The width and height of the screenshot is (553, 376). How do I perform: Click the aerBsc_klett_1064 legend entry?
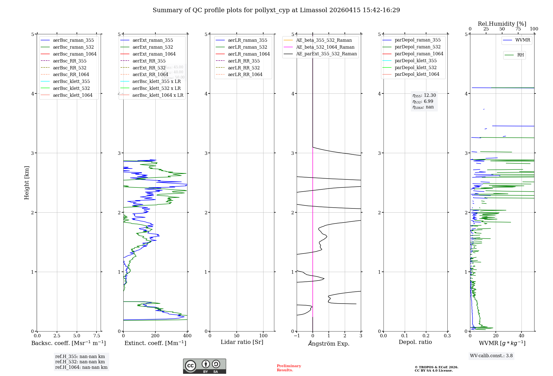click(72, 95)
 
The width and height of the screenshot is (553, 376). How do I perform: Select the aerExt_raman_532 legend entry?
click(153, 47)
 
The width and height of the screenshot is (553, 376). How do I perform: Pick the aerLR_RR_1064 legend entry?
click(245, 74)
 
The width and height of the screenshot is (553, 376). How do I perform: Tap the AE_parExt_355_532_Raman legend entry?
click(326, 54)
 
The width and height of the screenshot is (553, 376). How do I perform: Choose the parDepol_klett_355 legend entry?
click(415, 61)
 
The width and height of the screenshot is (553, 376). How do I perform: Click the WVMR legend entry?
click(522, 40)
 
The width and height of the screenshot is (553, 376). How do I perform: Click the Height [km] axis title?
click(27, 183)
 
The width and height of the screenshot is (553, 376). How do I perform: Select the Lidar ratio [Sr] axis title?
click(242, 342)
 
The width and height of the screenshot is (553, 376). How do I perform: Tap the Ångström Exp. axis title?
click(329, 343)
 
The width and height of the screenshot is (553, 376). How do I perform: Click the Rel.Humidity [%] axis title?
click(502, 24)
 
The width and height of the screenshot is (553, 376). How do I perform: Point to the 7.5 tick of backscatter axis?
click(96, 336)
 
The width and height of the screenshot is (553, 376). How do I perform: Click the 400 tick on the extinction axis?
click(187, 336)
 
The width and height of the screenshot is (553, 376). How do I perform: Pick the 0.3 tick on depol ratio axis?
click(447, 336)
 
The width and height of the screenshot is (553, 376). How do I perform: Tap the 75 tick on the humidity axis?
click(518, 29)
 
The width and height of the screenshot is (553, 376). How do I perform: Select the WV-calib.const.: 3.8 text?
click(491, 356)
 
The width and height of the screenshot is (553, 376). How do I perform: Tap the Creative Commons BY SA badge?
click(204, 366)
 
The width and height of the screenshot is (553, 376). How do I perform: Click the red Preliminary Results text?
click(289, 368)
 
